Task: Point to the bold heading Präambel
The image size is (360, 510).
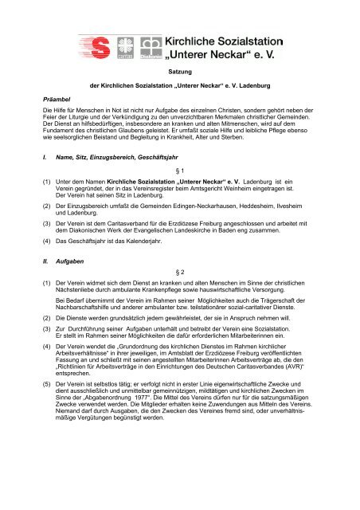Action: (x=61, y=122)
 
